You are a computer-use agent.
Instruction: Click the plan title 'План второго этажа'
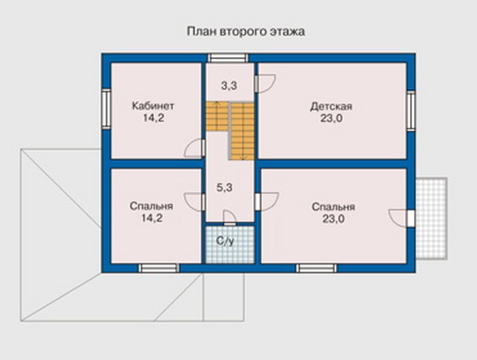click(x=246, y=32)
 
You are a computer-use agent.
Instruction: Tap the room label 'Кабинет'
click(x=153, y=106)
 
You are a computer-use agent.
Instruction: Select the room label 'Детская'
click(x=331, y=106)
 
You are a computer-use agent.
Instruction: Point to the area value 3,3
click(x=229, y=85)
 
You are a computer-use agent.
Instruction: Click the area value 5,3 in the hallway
click(x=225, y=188)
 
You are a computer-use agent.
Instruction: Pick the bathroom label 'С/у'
click(x=225, y=241)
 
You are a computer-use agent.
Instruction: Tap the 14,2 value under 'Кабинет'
click(x=153, y=118)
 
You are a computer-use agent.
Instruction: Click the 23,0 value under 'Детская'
click(x=331, y=118)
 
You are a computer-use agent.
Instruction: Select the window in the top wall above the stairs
click(x=228, y=58)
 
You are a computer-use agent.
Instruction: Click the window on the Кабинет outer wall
click(x=106, y=108)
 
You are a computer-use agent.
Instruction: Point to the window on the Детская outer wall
click(x=411, y=111)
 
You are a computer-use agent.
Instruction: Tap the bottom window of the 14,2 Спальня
click(x=159, y=268)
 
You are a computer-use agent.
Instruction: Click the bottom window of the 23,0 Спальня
click(x=317, y=268)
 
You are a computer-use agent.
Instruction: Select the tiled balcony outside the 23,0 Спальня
click(x=432, y=218)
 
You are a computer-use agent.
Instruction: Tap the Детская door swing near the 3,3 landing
click(x=265, y=83)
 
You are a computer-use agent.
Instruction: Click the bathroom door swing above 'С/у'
click(x=230, y=218)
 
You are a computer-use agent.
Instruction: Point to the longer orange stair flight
click(x=242, y=131)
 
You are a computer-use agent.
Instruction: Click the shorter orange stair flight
click(x=217, y=117)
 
